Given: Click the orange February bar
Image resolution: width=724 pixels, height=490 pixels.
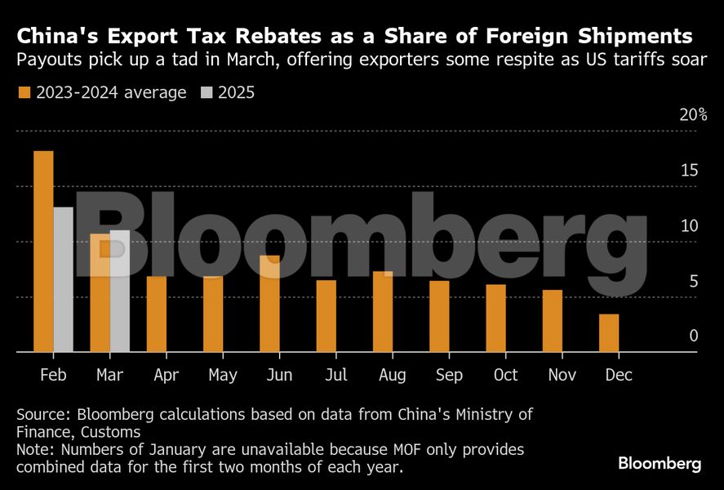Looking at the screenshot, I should (x=43, y=252).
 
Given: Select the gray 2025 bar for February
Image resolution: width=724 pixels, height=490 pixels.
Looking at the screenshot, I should (x=63, y=279).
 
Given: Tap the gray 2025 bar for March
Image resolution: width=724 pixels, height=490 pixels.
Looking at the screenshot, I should (x=119, y=291).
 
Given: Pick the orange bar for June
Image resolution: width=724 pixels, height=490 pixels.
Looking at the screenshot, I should (x=269, y=304).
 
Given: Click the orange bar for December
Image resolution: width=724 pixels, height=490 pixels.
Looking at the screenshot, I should (x=609, y=333).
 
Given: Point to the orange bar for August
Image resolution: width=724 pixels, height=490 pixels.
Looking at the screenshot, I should (x=383, y=311).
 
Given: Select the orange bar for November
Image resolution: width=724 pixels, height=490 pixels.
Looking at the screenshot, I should (x=553, y=321).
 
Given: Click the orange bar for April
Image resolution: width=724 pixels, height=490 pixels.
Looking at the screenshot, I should (x=157, y=314).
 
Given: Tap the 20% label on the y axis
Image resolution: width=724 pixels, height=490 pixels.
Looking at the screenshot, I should (x=693, y=114).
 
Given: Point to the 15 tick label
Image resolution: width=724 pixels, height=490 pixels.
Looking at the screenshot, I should (x=690, y=170).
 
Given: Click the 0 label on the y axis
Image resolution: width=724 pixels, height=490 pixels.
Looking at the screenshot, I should (x=693, y=336).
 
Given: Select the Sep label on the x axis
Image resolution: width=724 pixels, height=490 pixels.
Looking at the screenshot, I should (x=449, y=375).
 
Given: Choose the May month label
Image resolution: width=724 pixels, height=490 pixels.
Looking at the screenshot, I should (x=223, y=375).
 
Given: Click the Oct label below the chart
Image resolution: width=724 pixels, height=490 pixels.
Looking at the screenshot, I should (x=505, y=375).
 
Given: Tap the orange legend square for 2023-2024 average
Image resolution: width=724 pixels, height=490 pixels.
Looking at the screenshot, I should (x=24, y=92).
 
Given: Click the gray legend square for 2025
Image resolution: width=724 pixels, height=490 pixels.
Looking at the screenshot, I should (x=207, y=92).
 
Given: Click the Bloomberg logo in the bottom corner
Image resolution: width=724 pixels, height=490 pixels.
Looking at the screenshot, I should (x=659, y=464).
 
